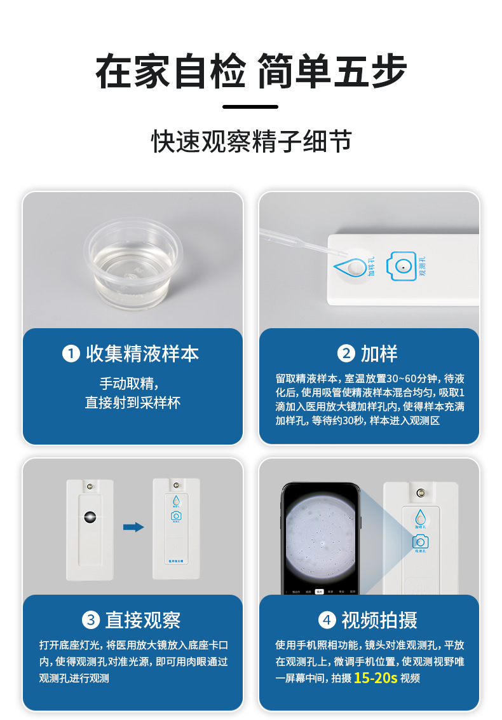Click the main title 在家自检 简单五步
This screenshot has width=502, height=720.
tap(251, 72)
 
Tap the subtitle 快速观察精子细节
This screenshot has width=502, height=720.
tap(251, 141)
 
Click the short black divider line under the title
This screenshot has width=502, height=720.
tap(250, 107)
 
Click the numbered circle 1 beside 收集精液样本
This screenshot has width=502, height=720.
tap(71, 354)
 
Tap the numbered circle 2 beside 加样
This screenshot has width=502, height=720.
tap(346, 354)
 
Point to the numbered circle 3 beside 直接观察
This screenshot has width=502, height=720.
tap(91, 620)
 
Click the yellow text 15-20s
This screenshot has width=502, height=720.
tap(376, 677)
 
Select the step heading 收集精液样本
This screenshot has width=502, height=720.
tap(142, 354)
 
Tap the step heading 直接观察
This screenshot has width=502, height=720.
tap(143, 620)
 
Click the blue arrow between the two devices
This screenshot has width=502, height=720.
tap(133, 527)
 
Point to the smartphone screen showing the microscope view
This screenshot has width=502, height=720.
tap(320, 538)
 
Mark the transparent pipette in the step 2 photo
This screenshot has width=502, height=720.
tap(299, 240)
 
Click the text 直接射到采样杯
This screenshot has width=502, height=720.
tap(133, 403)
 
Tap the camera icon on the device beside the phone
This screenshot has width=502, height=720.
tap(419, 541)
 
